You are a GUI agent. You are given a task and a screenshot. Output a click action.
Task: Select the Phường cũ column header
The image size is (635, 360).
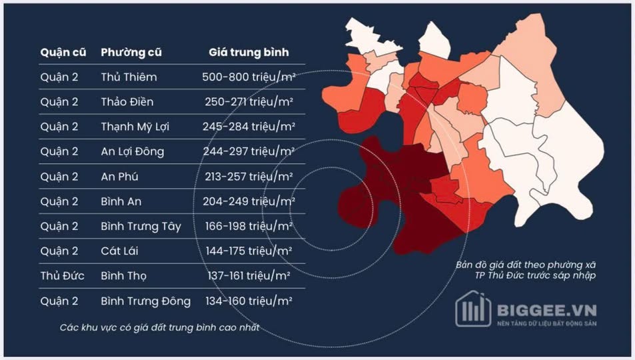click(131, 52)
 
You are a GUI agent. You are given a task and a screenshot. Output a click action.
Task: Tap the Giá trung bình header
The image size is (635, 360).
click(249, 52)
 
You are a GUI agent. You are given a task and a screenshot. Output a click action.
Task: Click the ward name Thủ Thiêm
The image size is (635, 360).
click(129, 77)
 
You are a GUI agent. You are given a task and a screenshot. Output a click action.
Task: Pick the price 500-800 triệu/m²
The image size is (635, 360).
click(249, 77)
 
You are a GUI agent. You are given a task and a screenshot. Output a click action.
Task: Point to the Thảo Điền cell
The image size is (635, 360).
click(127, 102)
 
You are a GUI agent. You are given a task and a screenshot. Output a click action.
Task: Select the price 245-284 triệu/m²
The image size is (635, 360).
click(249, 127)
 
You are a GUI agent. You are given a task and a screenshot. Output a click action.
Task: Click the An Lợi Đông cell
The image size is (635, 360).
click(132, 151)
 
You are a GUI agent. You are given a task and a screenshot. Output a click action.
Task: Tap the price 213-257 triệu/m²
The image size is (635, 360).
click(249, 177)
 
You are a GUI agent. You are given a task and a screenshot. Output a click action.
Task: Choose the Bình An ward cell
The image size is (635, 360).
click(121, 201)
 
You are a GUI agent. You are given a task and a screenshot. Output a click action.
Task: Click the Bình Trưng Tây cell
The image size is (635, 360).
click(141, 227)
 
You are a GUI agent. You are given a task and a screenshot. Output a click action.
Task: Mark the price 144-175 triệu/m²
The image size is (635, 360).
click(249, 251)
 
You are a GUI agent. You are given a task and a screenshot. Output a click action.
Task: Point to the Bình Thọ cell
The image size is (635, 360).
click(123, 276)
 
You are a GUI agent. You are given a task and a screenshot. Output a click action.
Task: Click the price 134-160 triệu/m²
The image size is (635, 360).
click(249, 301)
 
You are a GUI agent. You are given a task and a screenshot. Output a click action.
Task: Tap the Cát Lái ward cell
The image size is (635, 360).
click(120, 251)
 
